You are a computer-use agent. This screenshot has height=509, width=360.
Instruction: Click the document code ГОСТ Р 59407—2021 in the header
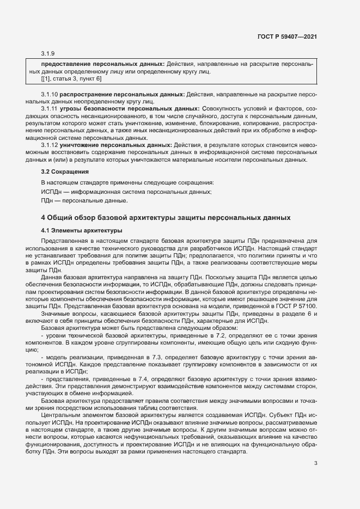[287, 36]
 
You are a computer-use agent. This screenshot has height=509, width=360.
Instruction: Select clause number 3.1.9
[48, 53]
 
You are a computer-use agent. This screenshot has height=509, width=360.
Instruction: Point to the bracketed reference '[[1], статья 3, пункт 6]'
[71, 79]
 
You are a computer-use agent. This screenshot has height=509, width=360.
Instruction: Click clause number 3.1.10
[50, 95]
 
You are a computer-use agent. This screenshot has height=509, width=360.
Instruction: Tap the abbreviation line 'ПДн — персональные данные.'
[77, 201]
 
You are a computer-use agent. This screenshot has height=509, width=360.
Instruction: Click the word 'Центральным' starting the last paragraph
[60, 414]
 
